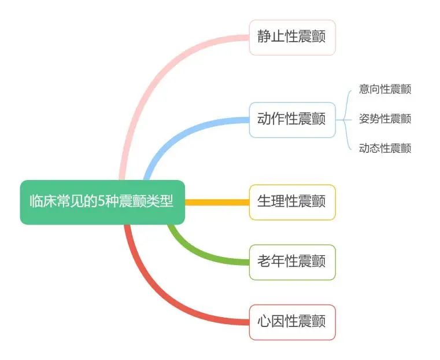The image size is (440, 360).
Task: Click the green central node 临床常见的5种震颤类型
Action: click(x=102, y=202)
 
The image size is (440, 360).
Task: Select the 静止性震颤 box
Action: click(x=292, y=38)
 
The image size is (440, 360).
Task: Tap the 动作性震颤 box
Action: click(x=292, y=120)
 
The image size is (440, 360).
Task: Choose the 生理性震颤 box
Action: click(x=292, y=202)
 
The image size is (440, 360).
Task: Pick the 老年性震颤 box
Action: click(x=292, y=262)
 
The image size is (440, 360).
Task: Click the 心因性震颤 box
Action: click(x=292, y=322)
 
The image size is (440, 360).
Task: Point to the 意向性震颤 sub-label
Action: click(x=385, y=89)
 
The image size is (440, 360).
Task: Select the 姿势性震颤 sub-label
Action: click(x=385, y=119)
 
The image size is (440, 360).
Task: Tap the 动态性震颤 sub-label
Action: click(x=385, y=148)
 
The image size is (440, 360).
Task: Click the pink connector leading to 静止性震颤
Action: click(x=150, y=75)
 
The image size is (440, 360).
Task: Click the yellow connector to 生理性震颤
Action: click(x=217, y=202)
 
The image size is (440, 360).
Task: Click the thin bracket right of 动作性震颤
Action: click(x=345, y=120)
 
